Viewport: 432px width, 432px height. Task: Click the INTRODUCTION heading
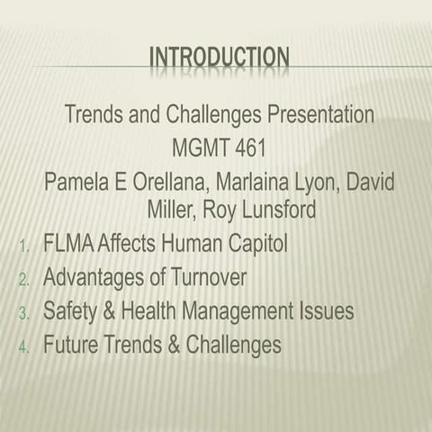tap(219, 58)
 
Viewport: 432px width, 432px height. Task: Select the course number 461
tap(247, 143)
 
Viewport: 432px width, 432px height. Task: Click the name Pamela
tap(79, 182)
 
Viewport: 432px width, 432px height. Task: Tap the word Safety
tap(67, 311)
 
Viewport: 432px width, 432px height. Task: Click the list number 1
tap(24, 246)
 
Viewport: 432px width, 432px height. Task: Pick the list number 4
tap(24, 346)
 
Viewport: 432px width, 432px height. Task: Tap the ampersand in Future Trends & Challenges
tap(172, 345)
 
